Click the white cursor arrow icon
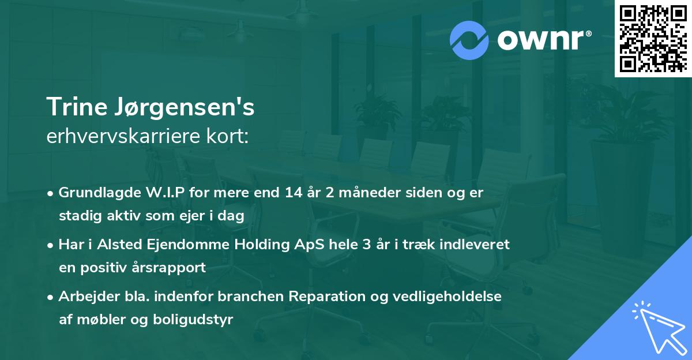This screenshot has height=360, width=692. [657, 327]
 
